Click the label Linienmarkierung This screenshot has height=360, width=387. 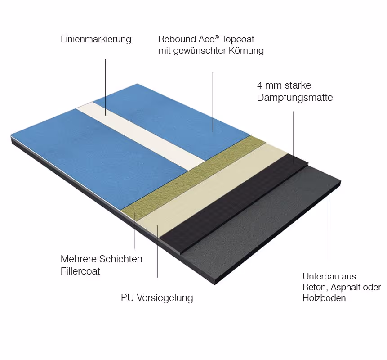tap(96, 40)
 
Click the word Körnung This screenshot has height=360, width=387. tap(246, 51)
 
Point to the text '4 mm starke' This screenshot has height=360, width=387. tap(284, 85)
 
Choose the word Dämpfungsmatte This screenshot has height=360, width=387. tap(294, 98)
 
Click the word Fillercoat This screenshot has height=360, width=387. tap(80, 271)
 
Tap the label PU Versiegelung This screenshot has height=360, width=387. tap(157, 298)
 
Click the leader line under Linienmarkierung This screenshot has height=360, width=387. tap(106, 85)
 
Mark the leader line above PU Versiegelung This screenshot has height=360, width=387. tap(157, 252)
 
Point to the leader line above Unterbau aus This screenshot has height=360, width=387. tap(329, 225)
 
